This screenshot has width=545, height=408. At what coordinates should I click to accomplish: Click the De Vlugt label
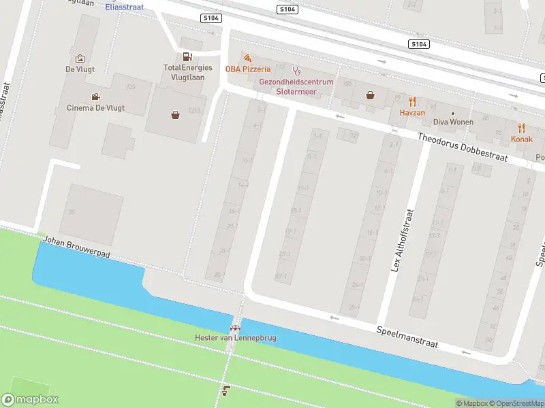pos(79,69)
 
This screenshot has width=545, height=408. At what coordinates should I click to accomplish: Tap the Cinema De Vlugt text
pos(95,107)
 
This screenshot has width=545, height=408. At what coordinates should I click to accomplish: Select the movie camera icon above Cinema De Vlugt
pos(95,97)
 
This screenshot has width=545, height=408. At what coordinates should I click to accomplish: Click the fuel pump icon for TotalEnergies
pos(187,56)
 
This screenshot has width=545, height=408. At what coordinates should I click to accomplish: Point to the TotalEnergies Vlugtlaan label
pos(187,72)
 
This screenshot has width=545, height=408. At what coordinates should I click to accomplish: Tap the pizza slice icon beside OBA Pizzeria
pos(247,58)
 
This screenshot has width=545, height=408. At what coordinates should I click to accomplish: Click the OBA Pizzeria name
pos(249,69)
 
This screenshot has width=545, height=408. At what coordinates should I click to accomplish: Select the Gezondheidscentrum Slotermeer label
pos(296,86)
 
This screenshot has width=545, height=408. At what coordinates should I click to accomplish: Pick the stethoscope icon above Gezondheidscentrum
pos(296,70)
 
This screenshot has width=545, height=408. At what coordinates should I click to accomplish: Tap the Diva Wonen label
pos(452,122)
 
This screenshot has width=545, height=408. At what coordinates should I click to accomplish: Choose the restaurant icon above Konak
pos(522,128)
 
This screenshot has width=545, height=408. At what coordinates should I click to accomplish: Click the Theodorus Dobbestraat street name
pos(471,148)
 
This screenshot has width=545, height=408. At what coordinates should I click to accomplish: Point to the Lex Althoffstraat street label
pos(401,240)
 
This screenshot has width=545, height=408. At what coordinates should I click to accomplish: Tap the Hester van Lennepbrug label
pos(236,337)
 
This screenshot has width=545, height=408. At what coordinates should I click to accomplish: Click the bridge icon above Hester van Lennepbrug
pos(236,326)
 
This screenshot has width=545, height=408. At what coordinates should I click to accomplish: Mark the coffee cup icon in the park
pos(226,390)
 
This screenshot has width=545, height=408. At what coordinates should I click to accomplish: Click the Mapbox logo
pos(30,400)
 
